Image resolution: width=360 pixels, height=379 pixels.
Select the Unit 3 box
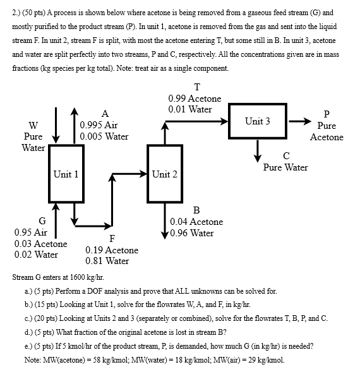[258, 121]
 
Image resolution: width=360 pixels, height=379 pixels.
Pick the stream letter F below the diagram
[112, 238]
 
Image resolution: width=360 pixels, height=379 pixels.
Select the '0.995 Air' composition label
[99, 125]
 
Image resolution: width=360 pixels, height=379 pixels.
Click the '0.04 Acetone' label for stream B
[196, 222]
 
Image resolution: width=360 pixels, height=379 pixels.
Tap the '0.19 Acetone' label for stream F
[112, 250]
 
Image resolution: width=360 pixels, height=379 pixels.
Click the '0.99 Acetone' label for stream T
[195, 99]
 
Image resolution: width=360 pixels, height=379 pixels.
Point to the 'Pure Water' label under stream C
[285, 167]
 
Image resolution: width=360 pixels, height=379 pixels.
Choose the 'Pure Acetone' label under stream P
[327, 131]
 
